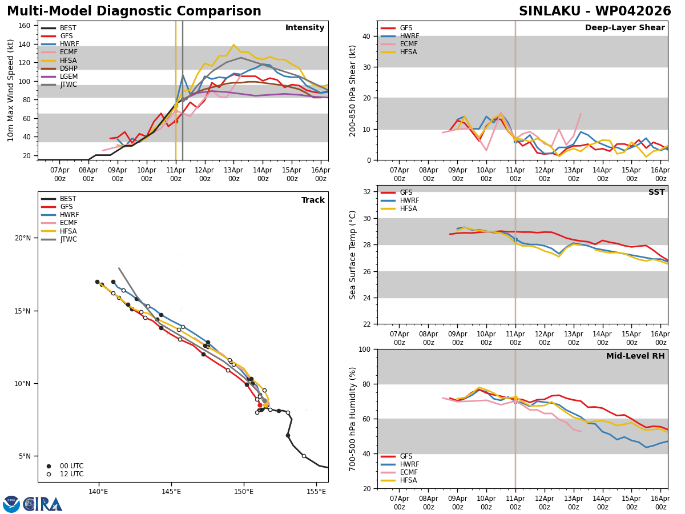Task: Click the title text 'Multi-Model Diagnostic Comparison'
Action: [x=134, y=11]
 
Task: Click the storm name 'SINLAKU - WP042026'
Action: [x=595, y=11]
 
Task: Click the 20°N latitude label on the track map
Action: [x=23, y=238]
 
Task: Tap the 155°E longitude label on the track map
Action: [x=317, y=492]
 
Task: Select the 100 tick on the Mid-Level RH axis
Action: [x=365, y=349]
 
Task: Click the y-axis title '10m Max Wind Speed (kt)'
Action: [x=11, y=90]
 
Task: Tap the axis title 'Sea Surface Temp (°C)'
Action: [x=353, y=255]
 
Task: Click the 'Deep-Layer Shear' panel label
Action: [x=624, y=28]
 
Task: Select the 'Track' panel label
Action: [x=313, y=200]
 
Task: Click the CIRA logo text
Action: [x=43, y=504]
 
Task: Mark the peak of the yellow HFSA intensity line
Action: [x=233, y=45]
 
